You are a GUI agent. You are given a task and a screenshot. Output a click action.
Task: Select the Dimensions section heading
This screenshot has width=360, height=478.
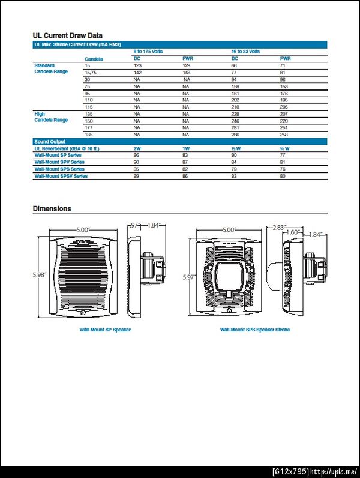52,209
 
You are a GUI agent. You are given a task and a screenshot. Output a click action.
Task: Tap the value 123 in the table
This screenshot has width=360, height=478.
137,65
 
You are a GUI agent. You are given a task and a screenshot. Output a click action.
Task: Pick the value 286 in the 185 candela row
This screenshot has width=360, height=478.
235,135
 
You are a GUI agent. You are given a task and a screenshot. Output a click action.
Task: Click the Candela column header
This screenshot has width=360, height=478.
94,59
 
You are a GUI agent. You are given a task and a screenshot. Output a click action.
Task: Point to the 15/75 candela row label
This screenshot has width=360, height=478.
91,72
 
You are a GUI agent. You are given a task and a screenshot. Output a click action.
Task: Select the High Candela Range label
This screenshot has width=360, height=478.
51,117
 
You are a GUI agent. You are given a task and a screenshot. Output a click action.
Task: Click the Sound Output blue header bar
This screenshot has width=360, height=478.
180,141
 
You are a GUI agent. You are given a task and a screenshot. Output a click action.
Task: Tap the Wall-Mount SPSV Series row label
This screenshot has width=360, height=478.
61,176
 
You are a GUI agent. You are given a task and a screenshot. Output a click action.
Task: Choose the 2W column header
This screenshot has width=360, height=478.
137,148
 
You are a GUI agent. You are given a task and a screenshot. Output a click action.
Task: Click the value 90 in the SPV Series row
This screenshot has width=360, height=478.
137,162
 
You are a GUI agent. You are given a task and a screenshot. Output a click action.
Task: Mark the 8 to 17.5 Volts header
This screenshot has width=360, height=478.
148,52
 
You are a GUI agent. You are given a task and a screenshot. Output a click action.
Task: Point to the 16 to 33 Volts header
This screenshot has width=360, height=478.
246,52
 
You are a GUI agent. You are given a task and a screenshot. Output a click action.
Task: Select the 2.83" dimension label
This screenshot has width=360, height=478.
280,227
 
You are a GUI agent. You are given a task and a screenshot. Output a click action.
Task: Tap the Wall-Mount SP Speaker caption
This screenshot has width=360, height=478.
105,330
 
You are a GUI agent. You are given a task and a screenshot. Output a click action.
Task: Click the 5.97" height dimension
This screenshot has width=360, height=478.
190,277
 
